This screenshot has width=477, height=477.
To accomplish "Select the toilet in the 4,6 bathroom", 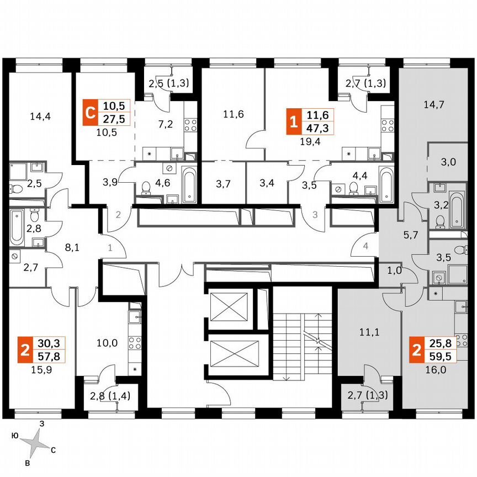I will pos(146,189).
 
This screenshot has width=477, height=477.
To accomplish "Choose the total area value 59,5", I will pos(434,357).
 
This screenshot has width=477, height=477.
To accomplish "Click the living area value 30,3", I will pos(49,342).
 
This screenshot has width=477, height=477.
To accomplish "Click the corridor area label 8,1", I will pos(73,248).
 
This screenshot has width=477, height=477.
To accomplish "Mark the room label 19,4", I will pos(310,141).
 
